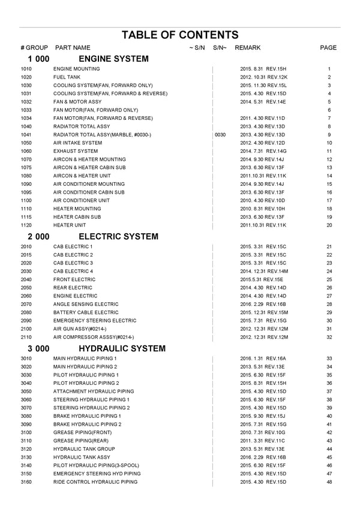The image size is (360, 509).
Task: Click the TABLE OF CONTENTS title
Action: (x=180, y=35)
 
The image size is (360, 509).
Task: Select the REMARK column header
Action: (x=248, y=48)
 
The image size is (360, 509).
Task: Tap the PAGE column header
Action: (x=328, y=48)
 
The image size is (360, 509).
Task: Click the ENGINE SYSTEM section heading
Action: (x=113, y=59)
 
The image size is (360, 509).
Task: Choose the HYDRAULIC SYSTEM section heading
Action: (x=122, y=348)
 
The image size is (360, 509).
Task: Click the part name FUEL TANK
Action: (x=66, y=77)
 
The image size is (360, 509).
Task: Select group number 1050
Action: (x=26, y=143)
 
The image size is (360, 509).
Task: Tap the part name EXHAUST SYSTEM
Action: (x=76, y=151)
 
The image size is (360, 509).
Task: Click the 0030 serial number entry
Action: (x=220, y=135)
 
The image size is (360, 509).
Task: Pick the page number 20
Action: (x=329, y=225)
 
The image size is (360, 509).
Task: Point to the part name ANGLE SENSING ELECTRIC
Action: (x=86, y=305)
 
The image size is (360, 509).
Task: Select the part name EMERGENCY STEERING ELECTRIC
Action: (x=95, y=321)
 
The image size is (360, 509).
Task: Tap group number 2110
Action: (x=26, y=337)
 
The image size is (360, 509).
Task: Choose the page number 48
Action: (x=329, y=482)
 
